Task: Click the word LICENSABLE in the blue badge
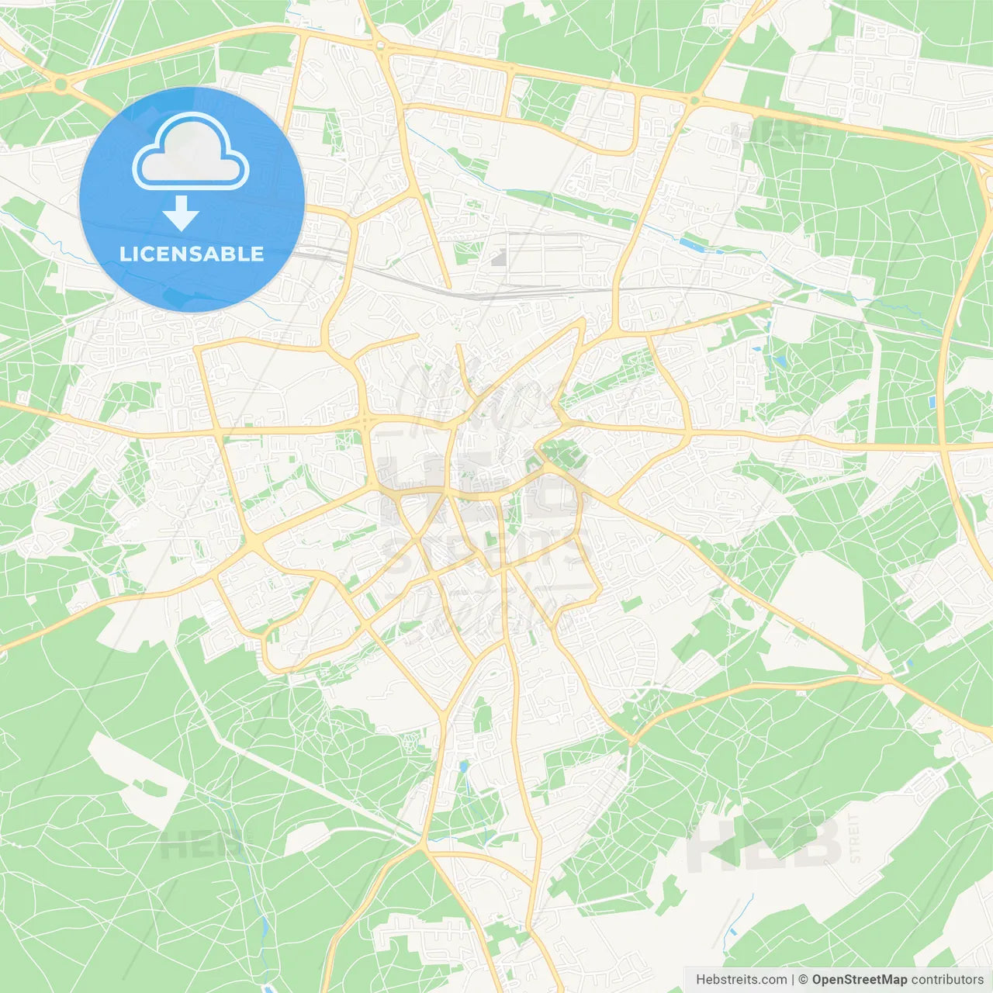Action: [192, 254]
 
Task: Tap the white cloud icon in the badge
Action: [191, 152]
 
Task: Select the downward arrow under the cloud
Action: [182, 213]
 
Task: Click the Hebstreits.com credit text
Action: [741, 980]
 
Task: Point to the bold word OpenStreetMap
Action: [859, 980]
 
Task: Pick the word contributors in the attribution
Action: [947, 980]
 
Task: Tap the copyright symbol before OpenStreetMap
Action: [803, 980]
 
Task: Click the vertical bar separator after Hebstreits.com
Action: [792, 980]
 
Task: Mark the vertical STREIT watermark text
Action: [855, 839]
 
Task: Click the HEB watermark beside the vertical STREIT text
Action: [764, 845]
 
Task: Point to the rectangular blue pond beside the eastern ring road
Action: [931, 402]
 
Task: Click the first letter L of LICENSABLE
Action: [124, 254]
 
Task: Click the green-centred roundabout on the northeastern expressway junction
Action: [694, 100]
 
